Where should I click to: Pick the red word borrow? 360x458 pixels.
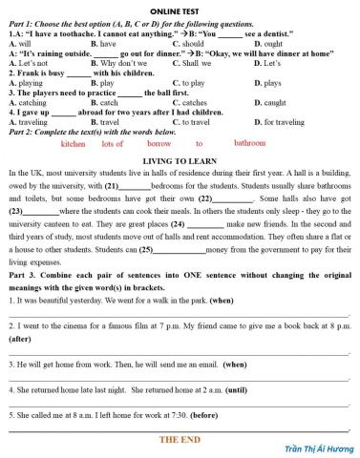pyautogui.click(x=159, y=144)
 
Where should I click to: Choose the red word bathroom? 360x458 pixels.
pyautogui.click(x=249, y=143)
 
